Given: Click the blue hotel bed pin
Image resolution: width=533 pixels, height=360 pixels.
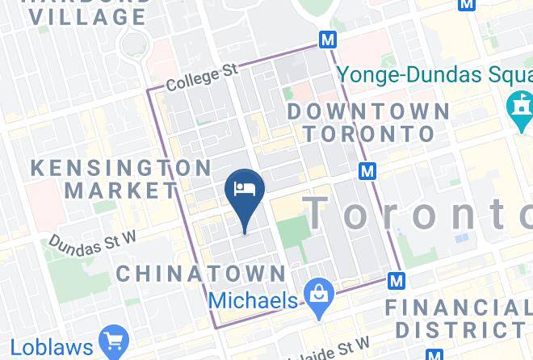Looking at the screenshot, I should pos(244,190).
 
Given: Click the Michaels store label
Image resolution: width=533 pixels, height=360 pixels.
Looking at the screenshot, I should pos(253,300).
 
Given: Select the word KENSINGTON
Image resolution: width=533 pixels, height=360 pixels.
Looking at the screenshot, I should pos(120,168).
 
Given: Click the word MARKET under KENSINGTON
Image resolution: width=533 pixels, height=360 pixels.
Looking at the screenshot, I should pos(121,191).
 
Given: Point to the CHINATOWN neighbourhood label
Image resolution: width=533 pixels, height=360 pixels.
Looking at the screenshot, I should pos(201,273).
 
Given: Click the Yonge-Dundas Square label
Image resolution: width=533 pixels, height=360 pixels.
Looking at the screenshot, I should pos(434,74).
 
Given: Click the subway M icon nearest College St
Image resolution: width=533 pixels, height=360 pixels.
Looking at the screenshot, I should pos(327,39).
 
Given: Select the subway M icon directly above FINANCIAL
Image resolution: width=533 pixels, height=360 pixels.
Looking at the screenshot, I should pos(396,281).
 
